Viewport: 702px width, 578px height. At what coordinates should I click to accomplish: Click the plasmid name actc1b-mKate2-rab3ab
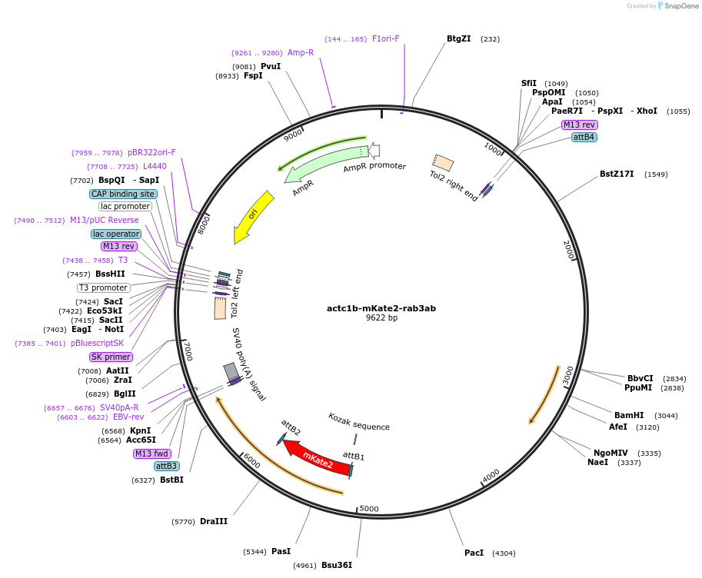click(x=381, y=308)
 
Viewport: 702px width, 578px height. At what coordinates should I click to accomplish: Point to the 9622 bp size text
click(x=381, y=318)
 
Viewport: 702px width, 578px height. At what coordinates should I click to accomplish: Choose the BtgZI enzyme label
click(x=458, y=38)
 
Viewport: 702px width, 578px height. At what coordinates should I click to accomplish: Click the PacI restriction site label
click(x=474, y=553)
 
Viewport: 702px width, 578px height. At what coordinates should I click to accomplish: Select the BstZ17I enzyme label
click(x=617, y=174)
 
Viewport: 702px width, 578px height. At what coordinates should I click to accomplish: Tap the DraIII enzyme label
click(x=214, y=521)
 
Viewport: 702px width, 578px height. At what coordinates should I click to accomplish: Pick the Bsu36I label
click(x=337, y=565)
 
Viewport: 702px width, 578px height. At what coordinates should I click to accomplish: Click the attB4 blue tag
click(x=584, y=137)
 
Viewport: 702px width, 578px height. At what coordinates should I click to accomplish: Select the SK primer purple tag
click(x=111, y=357)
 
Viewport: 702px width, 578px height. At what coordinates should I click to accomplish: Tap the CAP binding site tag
click(x=123, y=194)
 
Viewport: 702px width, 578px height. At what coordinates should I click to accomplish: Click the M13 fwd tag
click(x=151, y=453)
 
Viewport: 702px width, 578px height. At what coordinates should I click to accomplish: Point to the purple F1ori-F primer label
click(x=386, y=38)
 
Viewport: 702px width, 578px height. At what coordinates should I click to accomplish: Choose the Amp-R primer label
click(x=301, y=52)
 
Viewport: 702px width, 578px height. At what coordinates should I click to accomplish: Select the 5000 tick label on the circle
click(x=370, y=508)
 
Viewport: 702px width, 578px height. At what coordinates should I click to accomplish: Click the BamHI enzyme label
click(x=629, y=415)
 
